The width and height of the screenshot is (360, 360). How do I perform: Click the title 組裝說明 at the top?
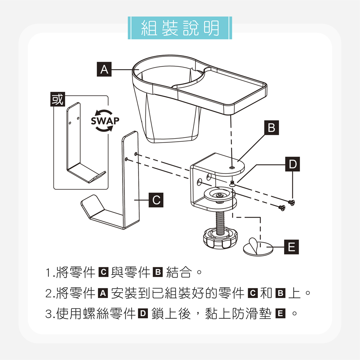180,28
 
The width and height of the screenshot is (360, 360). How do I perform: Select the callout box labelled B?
272,127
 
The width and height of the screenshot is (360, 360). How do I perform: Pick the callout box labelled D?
292,165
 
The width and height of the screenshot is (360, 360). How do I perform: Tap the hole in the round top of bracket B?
231,167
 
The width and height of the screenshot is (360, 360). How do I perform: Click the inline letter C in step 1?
102,273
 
